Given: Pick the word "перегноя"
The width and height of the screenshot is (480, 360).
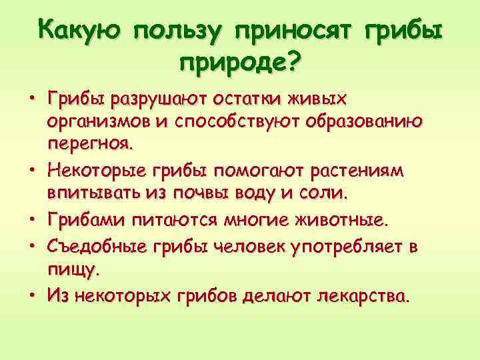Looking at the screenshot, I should click(x=89, y=143).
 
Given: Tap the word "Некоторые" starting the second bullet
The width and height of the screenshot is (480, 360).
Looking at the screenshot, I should click(x=91, y=171).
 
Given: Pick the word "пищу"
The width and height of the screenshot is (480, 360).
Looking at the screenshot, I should click(x=72, y=269).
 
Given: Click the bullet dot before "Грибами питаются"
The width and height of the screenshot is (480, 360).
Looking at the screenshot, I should click(x=31, y=219).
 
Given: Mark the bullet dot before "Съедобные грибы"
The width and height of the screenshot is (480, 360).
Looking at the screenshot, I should click(x=31, y=247).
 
